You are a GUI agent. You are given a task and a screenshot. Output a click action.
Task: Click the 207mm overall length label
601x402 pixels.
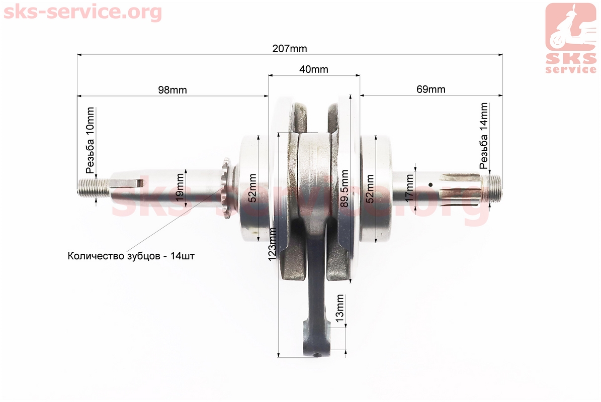click(289, 49)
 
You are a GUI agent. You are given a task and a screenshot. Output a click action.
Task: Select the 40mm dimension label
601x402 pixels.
click(313, 69)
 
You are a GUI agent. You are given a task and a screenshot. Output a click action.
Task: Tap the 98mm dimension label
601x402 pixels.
click(173, 90)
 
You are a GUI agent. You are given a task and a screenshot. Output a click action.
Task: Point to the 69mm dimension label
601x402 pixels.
click(431, 89)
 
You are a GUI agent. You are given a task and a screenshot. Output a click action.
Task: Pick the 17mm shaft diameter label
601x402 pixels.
click(409, 188)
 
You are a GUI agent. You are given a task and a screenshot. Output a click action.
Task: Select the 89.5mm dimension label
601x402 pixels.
click(345, 189)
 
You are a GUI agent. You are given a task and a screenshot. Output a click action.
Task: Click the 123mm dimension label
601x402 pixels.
click(272, 244)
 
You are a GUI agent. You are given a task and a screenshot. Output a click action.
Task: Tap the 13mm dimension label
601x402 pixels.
click(339, 308)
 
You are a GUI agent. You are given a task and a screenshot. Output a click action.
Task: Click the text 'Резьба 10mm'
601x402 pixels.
click(90, 140)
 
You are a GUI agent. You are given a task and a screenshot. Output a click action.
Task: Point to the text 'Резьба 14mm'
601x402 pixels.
click(484, 136)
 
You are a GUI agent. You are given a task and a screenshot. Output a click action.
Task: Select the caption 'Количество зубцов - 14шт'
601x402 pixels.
click(131, 256)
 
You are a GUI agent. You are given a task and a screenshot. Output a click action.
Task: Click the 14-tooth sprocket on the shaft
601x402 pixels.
click(226, 189)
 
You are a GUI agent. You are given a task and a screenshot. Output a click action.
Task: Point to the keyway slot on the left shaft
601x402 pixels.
click(127, 182)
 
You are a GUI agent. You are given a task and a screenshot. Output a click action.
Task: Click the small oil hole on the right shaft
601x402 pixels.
click(431, 184)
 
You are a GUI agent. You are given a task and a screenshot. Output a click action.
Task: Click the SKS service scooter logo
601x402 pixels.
click(571, 38)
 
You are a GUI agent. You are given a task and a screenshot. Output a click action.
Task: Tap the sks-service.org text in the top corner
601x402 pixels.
click(83, 12)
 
